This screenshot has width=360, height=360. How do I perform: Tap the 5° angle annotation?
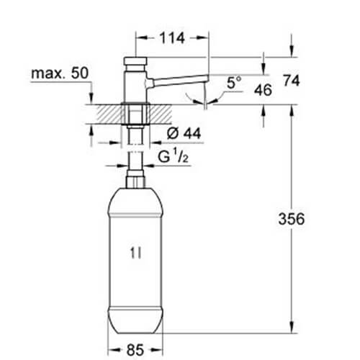coord(234,83)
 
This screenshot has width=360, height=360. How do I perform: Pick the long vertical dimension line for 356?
coord(292,216)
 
